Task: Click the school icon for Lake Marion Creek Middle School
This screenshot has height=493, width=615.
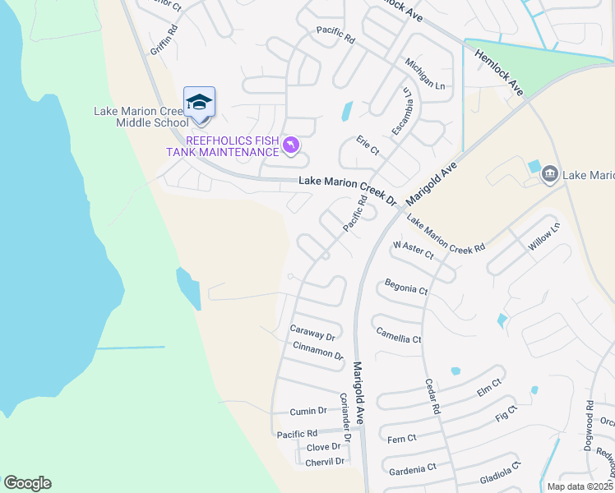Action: (199, 103)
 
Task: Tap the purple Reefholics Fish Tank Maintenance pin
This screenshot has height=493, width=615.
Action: (290, 146)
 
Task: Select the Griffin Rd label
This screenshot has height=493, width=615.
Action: (164, 39)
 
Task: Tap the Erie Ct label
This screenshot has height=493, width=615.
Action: (368, 149)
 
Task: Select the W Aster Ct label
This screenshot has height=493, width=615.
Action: (413, 250)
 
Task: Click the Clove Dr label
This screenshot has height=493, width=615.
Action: (323, 447)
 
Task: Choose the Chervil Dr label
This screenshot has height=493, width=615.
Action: (325, 462)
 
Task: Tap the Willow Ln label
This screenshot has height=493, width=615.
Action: (543, 235)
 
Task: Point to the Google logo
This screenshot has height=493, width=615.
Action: (27, 483)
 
